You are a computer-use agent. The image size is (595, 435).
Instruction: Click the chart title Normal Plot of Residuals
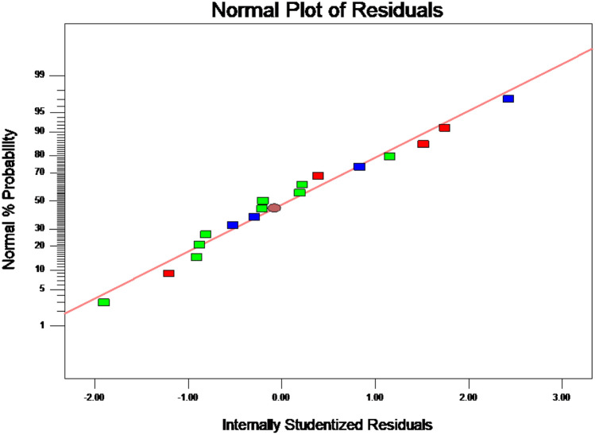[x=323, y=10]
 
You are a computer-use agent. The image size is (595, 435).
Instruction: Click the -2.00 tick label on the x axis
[x=95, y=395]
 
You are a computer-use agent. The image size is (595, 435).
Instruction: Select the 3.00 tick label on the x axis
[x=561, y=395]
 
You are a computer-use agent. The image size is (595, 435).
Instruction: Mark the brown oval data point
[x=274, y=208]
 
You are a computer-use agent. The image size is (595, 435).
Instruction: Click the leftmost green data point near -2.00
[x=103, y=302]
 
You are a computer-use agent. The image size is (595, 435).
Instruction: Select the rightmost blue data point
[x=508, y=99]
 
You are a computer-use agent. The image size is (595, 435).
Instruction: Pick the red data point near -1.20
[x=168, y=274]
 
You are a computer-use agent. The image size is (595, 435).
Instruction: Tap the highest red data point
[x=445, y=128]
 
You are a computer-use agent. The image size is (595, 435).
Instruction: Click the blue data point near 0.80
[x=359, y=167]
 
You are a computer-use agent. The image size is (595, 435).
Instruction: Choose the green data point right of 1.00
[x=389, y=157]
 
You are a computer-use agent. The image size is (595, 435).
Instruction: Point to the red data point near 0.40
[x=318, y=176]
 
